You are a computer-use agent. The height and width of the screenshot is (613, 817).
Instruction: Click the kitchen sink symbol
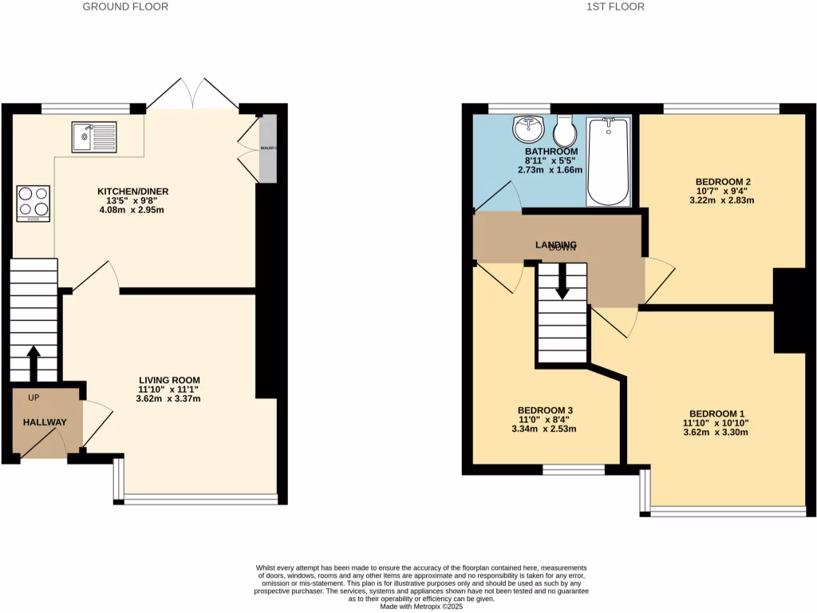93,136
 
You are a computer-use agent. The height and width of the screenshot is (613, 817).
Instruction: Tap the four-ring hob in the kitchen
33,203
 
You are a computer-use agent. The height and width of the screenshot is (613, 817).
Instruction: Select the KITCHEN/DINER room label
132,192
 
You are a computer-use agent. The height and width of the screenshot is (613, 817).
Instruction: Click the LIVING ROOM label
169,380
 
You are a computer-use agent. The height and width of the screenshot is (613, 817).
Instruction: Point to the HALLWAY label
45,422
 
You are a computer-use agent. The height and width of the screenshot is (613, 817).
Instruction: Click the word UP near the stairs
34,397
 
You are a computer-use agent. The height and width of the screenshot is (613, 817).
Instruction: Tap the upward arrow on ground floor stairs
34,363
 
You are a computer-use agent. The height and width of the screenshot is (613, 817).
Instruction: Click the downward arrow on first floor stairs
562,283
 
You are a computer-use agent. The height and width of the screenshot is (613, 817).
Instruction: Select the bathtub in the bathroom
609,160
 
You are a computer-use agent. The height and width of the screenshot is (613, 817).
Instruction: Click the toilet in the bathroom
565,129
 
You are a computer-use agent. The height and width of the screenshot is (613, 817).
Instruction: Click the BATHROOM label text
551,152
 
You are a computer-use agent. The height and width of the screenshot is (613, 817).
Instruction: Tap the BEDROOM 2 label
723,181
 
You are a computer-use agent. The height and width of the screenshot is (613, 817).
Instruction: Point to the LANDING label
556,244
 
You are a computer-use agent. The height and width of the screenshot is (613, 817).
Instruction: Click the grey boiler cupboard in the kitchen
267,148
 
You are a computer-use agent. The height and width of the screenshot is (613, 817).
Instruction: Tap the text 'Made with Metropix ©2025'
422,607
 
